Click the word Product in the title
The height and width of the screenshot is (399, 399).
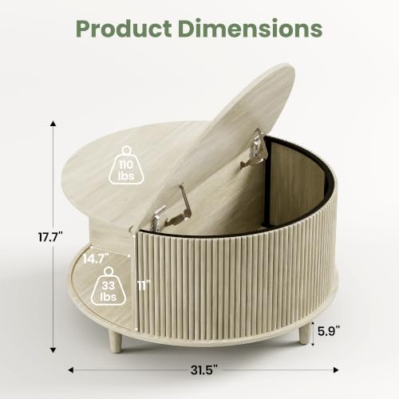124,29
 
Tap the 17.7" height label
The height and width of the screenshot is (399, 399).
50,236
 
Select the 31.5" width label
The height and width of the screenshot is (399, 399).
204,370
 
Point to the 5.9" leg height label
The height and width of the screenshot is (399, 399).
329,331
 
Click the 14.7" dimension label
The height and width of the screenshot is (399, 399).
96,259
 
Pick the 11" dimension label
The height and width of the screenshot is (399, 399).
144,286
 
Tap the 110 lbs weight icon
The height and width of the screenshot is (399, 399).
126,165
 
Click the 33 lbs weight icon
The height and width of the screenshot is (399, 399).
109,286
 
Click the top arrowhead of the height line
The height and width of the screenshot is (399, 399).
53,123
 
